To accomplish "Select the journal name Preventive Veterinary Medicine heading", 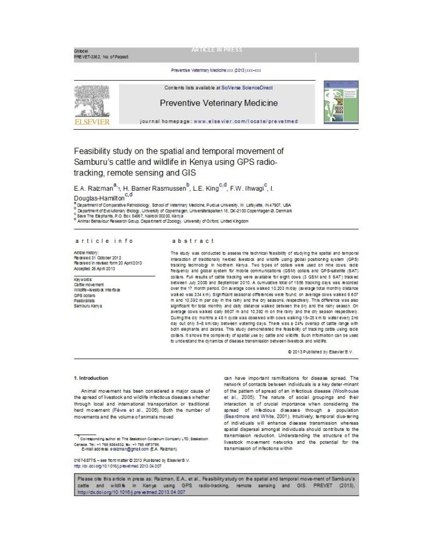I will (218, 103).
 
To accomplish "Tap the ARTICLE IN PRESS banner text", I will (217, 50).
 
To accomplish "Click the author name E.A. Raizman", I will (94, 188).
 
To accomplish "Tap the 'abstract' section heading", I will (193, 241).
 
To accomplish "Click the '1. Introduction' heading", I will (91, 378).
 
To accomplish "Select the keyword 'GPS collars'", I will (85, 295).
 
